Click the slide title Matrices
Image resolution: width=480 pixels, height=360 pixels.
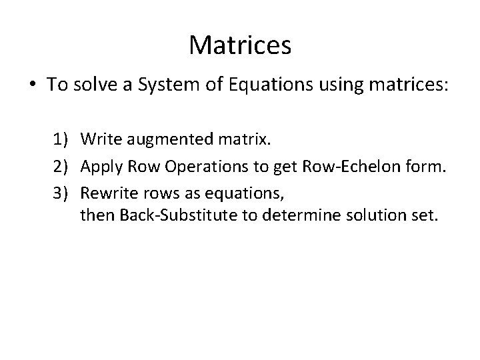240,45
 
